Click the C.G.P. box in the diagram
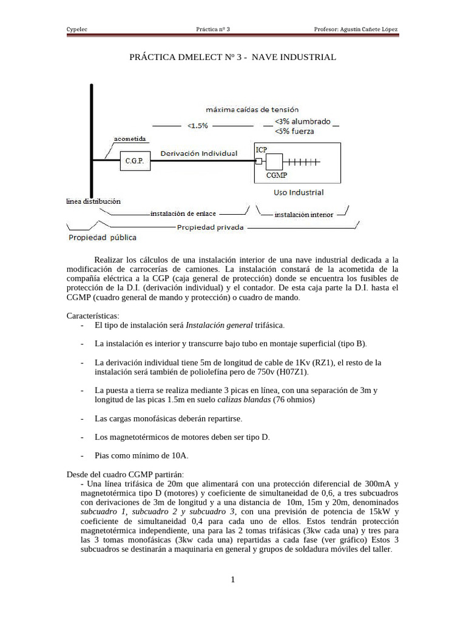click(135, 161)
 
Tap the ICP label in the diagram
click(262, 149)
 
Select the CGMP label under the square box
click(277, 175)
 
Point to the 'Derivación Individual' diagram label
click(198, 153)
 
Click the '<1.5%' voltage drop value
click(198, 126)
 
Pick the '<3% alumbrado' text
click(302, 121)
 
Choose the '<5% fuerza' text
click(294, 130)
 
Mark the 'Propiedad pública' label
click(102, 237)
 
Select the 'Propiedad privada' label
click(210, 227)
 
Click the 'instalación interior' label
click(303, 214)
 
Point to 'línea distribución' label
click(93, 201)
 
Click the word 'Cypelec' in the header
click(76, 29)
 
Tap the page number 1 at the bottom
click(232, 580)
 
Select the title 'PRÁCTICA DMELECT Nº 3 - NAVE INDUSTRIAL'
click(232, 57)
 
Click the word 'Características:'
click(93, 316)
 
